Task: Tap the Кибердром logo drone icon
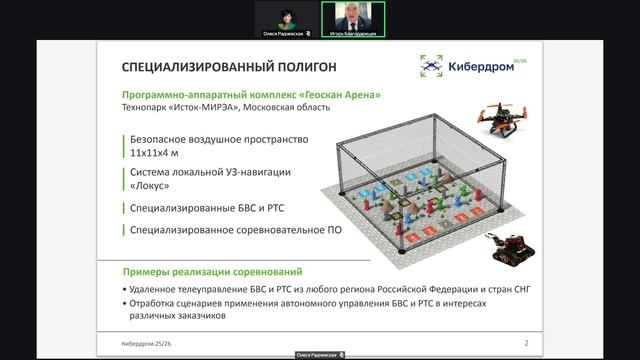(x=432, y=66)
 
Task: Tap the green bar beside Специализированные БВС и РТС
(x=125, y=209)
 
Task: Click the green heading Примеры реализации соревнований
(x=213, y=272)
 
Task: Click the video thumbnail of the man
(x=353, y=17)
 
